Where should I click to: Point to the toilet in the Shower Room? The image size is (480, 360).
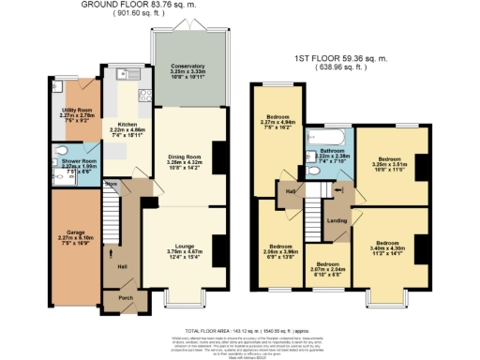click(x=62, y=152)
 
